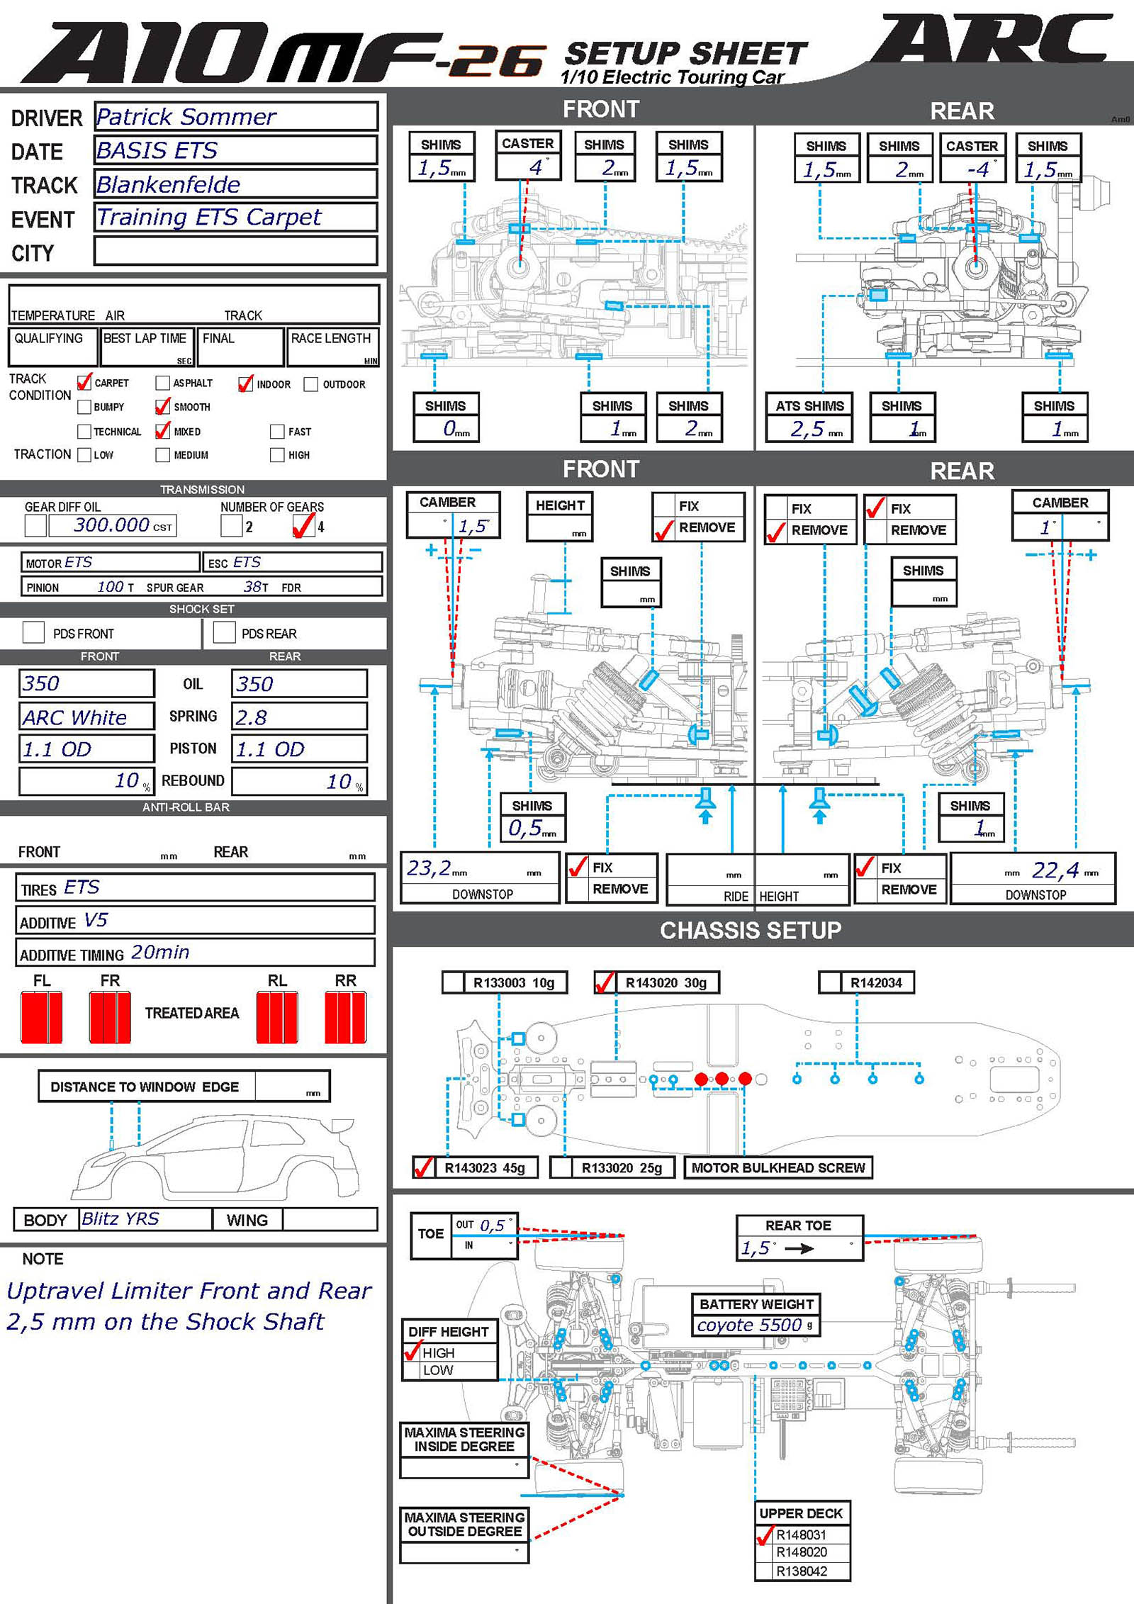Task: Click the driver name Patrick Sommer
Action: (186, 117)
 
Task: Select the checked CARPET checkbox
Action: (84, 383)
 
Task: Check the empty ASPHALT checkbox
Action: (162, 383)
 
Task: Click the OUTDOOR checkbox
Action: (310, 384)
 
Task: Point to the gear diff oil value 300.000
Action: (111, 525)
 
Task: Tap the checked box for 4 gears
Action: (303, 526)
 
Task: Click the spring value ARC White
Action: (74, 717)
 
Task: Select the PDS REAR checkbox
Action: (225, 632)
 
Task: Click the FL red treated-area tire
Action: (42, 1017)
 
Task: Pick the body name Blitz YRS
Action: (120, 1218)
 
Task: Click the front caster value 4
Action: (535, 167)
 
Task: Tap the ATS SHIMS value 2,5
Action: (808, 429)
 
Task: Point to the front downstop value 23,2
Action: (429, 868)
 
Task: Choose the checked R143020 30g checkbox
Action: (605, 982)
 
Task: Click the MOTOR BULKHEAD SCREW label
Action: (778, 1167)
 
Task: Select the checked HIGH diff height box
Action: (412, 1352)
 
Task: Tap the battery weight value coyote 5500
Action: (749, 1325)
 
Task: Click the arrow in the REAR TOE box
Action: (799, 1249)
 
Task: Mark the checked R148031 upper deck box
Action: (765, 1535)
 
